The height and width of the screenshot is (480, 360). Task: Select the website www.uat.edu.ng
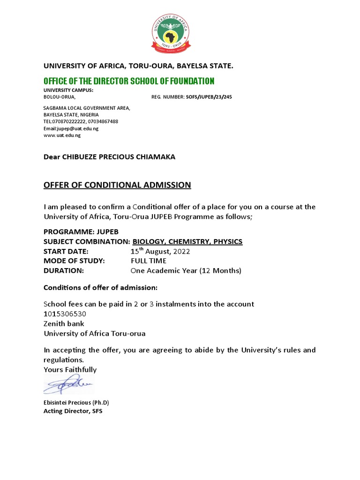click(62, 135)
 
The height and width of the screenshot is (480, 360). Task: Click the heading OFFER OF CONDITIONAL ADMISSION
click(117, 185)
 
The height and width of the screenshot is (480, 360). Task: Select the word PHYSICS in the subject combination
click(227, 242)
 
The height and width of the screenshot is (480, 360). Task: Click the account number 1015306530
click(65, 314)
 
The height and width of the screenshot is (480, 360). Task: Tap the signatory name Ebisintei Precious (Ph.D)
click(76, 403)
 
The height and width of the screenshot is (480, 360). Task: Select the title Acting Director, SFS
click(73, 411)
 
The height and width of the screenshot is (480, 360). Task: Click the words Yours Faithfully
click(70, 370)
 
